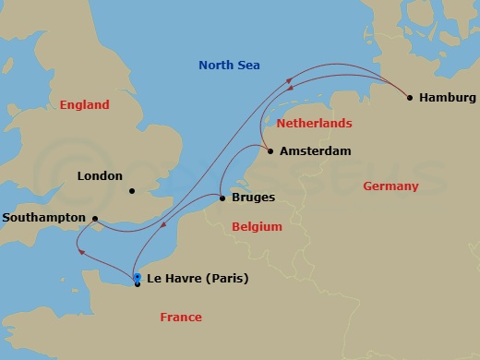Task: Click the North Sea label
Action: tap(230, 65)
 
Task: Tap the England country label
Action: tap(84, 105)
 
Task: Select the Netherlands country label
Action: tap(315, 123)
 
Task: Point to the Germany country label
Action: tap(390, 186)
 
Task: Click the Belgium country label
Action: tap(257, 226)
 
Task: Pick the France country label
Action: tap(180, 317)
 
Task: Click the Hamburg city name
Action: tap(447, 97)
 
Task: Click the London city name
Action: tap(100, 175)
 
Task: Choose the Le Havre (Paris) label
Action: tap(197, 278)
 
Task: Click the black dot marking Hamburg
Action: tap(410, 97)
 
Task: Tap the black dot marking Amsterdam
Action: tap(270, 150)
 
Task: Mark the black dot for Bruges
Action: tap(222, 198)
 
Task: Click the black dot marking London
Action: tap(132, 192)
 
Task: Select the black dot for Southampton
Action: tap(94, 219)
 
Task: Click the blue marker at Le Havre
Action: tap(137, 277)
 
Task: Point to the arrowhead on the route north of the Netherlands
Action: tap(290, 82)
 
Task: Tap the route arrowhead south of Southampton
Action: tap(80, 250)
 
